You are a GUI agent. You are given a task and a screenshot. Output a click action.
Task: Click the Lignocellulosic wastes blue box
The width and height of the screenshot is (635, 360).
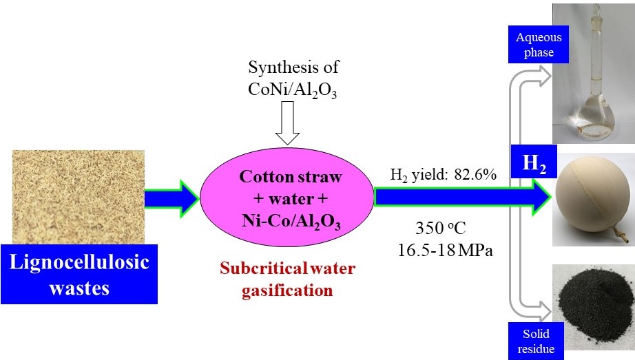(79, 274)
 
